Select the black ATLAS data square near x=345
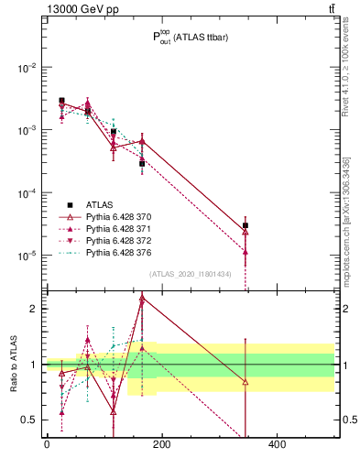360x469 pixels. click(x=245, y=225)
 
